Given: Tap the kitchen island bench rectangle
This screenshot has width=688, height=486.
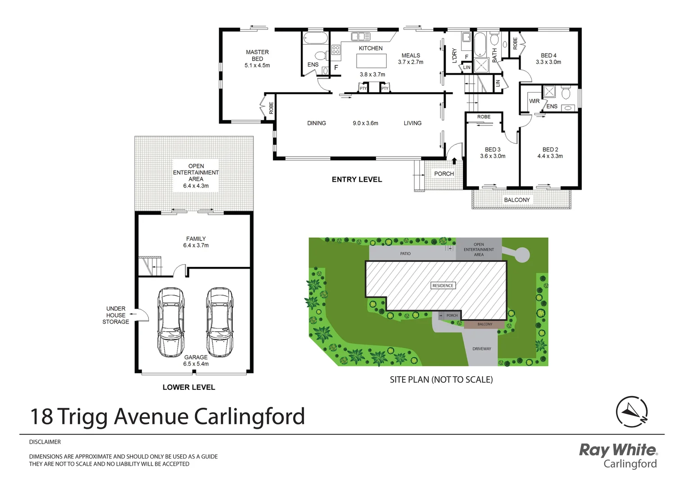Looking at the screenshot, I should (x=371, y=61).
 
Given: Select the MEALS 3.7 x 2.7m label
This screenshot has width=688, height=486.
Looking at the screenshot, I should (x=411, y=59).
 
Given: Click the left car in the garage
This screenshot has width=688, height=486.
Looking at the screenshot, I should (x=171, y=322).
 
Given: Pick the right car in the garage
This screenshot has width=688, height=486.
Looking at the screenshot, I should (x=219, y=322).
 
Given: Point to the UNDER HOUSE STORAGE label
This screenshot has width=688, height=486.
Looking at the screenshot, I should (x=116, y=315).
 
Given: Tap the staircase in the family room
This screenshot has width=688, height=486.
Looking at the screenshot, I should (x=150, y=265).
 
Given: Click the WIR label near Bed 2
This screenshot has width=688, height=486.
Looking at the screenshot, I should (x=534, y=101).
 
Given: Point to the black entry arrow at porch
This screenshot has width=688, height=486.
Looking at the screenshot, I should (x=454, y=161).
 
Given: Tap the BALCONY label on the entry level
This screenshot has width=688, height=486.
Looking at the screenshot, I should (x=517, y=200).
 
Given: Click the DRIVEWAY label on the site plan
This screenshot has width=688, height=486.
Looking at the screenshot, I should (x=482, y=349).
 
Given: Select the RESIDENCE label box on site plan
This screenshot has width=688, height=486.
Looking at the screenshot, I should (x=443, y=285).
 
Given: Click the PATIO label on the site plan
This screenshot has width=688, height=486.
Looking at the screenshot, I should (x=405, y=253).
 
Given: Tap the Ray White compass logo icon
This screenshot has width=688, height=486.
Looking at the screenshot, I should (x=632, y=411).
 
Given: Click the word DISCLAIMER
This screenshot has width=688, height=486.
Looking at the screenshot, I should (x=45, y=442).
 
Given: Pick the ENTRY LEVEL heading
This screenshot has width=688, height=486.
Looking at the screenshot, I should (x=357, y=180).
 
